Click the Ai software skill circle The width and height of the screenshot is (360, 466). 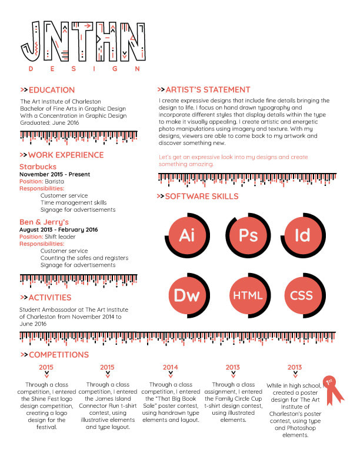click(187, 236)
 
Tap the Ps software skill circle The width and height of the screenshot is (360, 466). click(249, 236)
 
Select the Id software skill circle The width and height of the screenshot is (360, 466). click(302, 236)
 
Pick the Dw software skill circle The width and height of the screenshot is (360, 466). click(187, 295)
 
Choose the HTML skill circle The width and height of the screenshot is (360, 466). click(248, 295)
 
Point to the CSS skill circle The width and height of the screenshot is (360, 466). click(302, 295)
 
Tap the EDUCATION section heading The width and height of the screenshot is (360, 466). click(51, 90)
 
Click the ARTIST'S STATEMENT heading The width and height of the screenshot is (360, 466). click(208, 90)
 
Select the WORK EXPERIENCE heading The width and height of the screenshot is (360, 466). click(65, 155)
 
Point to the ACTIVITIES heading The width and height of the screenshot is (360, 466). click(49, 298)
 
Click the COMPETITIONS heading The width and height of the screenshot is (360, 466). click(58, 355)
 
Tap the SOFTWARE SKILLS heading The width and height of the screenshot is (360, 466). click(201, 197)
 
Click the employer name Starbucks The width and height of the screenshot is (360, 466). click(38, 167)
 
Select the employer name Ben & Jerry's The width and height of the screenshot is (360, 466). click(44, 222)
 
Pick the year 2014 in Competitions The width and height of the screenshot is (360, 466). click(171, 368)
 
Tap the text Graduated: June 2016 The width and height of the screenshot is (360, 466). click(50, 123)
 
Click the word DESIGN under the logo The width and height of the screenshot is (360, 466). click(84, 69)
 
